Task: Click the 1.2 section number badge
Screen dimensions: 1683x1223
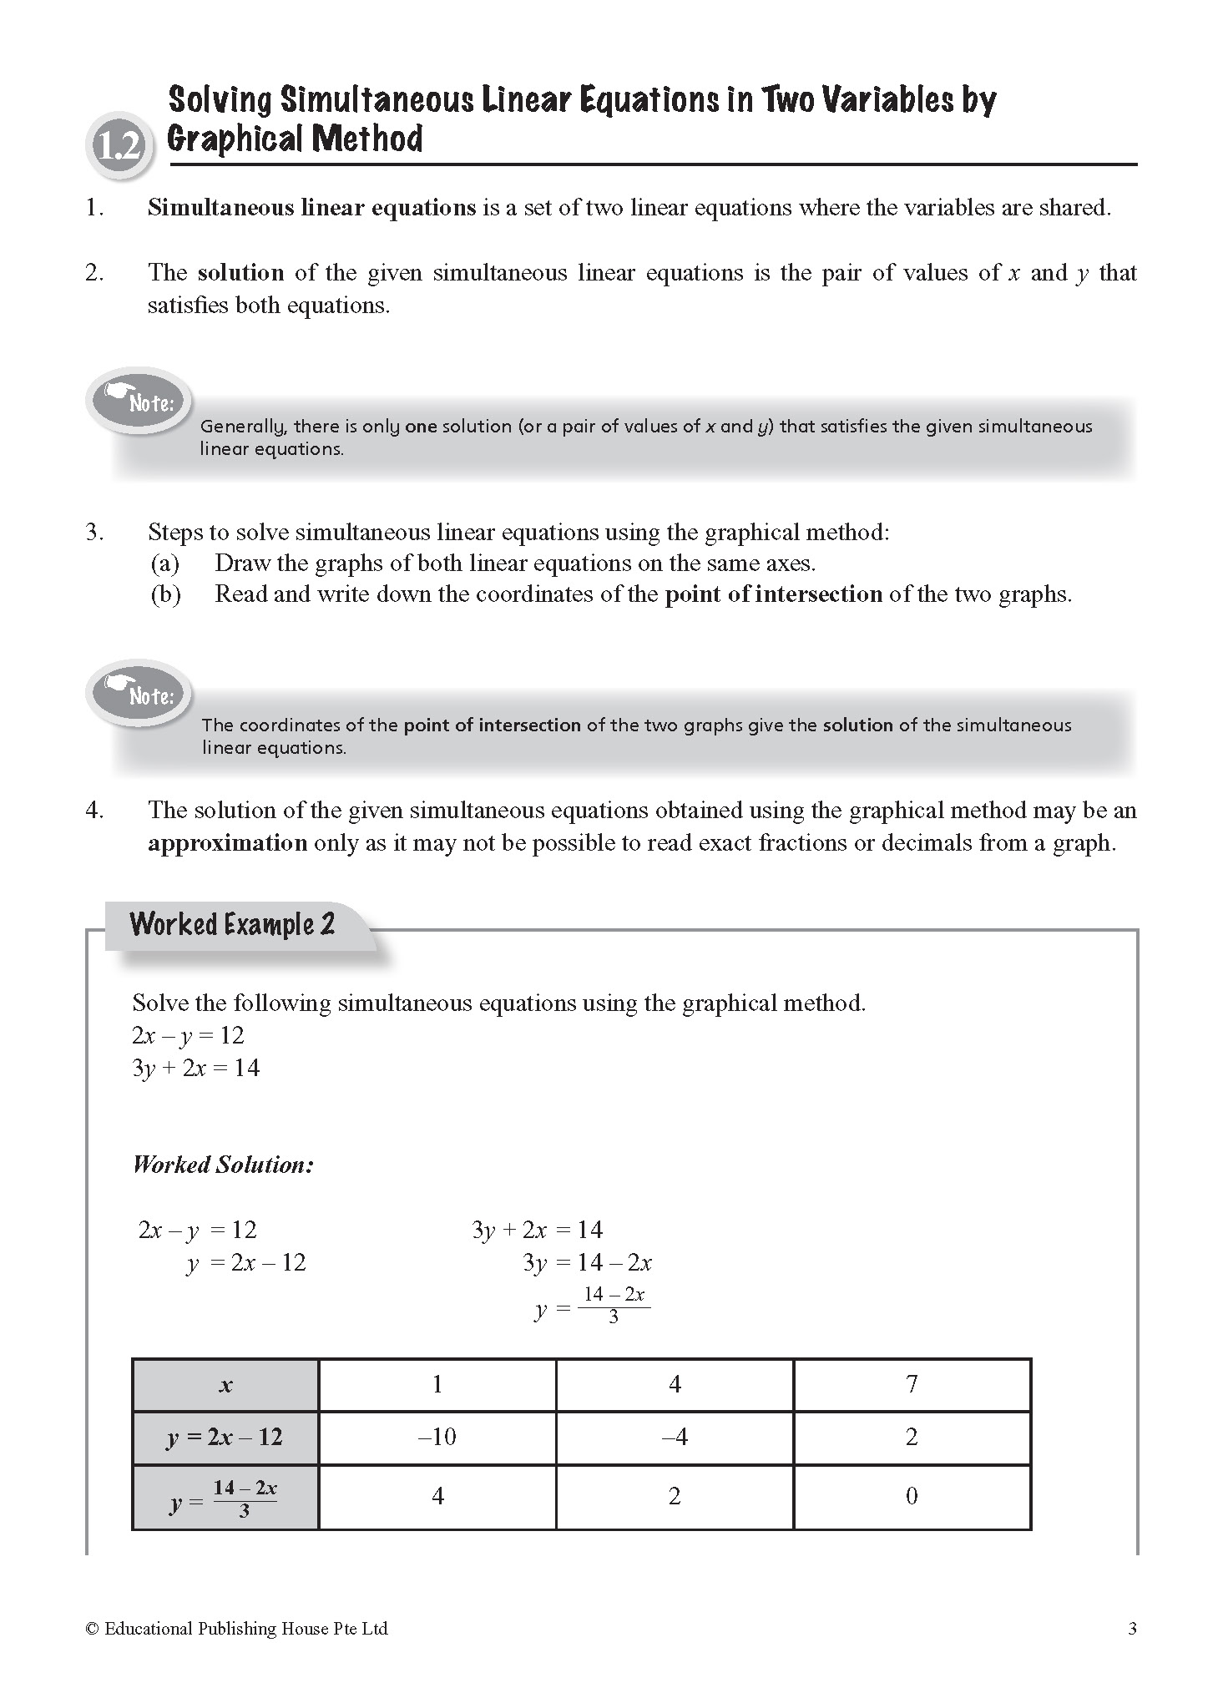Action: point(119,148)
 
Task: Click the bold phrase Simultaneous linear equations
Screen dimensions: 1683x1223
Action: point(311,208)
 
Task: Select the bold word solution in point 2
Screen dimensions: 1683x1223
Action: point(240,273)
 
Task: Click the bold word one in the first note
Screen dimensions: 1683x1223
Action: point(421,427)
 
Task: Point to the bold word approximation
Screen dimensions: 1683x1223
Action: point(227,843)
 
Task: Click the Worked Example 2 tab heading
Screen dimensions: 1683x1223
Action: point(232,924)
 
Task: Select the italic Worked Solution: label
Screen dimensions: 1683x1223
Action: point(223,1165)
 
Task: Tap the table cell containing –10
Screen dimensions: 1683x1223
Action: point(437,1437)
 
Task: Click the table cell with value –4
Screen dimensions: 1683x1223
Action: point(675,1437)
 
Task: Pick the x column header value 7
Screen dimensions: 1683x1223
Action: point(912,1384)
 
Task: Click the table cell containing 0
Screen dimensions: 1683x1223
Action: point(912,1496)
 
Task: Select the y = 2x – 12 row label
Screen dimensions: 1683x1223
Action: point(225,1437)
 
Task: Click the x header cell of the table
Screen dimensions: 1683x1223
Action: point(225,1385)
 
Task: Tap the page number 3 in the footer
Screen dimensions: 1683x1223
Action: point(1132,1628)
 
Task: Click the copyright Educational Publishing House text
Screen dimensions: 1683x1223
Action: point(237,1628)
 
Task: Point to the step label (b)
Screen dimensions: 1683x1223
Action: point(165,594)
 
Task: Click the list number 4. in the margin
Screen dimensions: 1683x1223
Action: point(94,811)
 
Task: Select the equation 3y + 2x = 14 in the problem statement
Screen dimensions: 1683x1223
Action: point(195,1068)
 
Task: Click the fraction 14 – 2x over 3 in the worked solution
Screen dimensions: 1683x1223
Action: point(614,1305)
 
